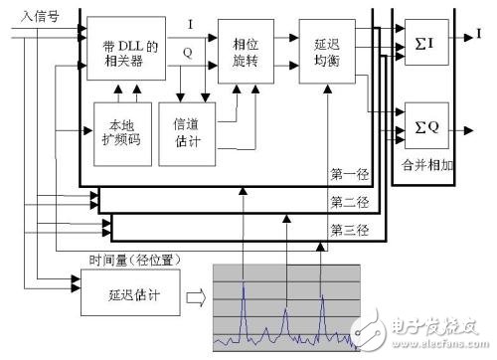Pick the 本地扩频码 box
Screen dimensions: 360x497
tap(120, 133)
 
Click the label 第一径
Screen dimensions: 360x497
tap(348, 174)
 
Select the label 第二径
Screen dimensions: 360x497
tap(348, 203)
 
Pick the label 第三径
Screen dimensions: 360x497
tap(348, 231)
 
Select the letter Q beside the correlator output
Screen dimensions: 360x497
tap(190, 53)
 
